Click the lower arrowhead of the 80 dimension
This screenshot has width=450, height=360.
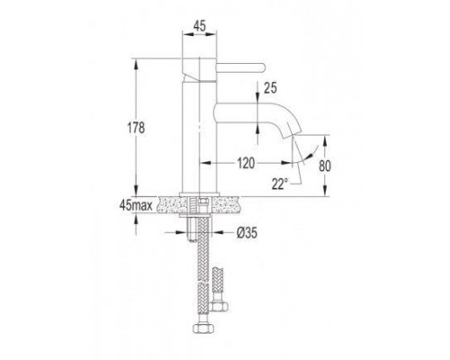coord(324,194)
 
